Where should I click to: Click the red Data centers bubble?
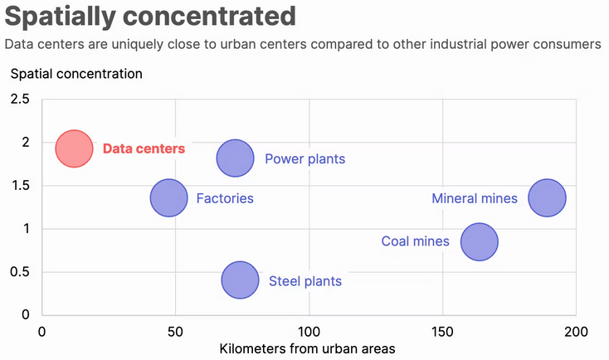(74, 148)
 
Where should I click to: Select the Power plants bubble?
(235, 158)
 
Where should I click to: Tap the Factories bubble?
(168, 198)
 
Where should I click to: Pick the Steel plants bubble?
(240, 280)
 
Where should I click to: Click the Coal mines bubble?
(479, 241)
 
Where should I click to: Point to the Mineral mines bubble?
(547, 198)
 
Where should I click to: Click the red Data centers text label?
(144, 149)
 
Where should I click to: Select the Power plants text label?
(304, 158)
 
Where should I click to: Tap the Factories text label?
(225, 198)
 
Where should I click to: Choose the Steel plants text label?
(304, 281)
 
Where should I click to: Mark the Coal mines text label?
(415, 241)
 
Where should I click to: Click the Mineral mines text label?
(475, 198)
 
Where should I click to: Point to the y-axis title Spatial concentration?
(76, 73)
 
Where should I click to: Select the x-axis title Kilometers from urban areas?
(307, 348)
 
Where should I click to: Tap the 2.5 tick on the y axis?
(20, 100)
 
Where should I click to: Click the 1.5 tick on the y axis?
(20, 186)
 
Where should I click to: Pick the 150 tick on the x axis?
(443, 332)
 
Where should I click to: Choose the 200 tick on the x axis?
(576, 332)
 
